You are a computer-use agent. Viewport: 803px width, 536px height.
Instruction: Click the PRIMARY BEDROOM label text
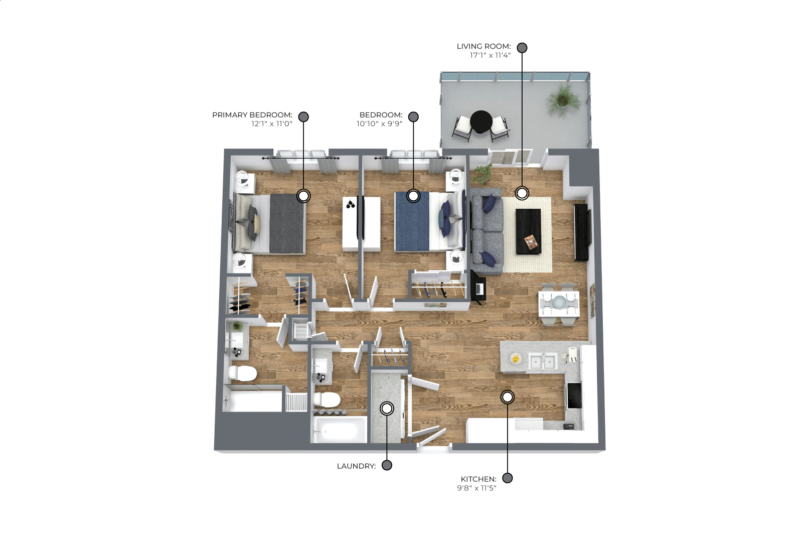pyautogui.click(x=252, y=115)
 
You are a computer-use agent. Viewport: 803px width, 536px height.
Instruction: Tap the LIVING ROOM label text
pyautogui.click(x=484, y=46)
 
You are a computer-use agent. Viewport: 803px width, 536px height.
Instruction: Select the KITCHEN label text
pyautogui.click(x=478, y=479)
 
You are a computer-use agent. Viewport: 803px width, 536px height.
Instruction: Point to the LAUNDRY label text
pyautogui.click(x=356, y=466)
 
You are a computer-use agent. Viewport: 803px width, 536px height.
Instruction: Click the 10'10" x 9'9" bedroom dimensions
pyautogui.click(x=380, y=124)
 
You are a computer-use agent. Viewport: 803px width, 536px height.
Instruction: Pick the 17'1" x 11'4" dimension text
pyautogui.click(x=491, y=55)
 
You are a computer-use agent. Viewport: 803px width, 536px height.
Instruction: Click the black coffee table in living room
pyautogui.click(x=528, y=231)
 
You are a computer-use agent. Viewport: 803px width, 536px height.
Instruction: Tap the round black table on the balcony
pyautogui.click(x=481, y=122)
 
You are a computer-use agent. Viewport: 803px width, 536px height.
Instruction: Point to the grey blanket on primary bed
pyautogui.click(x=287, y=223)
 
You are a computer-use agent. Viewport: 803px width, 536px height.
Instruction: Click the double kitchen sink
pyautogui.click(x=543, y=361)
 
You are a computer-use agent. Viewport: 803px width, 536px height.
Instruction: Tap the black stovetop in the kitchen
pyautogui.click(x=574, y=395)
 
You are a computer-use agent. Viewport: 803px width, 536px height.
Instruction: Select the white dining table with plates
pyautogui.click(x=559, y=304)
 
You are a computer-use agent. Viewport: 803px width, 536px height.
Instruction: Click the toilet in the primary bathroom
pyautogui.click(x=243, y=373)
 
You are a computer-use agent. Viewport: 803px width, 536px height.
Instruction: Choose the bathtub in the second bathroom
pyautogui.click(x=340, y=430)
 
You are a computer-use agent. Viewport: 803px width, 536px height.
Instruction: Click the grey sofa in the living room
pyautogui.click(x=487, y=231)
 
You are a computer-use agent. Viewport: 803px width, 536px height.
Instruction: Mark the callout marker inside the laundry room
pyautogui.click(x=386, y=409)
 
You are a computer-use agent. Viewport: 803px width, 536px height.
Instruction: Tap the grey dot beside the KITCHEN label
pyautogui.click(x=507, y=478)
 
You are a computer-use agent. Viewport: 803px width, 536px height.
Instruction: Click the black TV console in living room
pyautogui.click(x=581, y=232)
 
